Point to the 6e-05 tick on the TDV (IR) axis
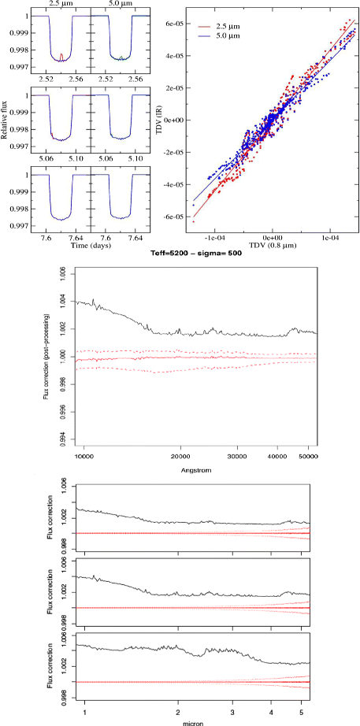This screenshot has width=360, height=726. coord(176,24)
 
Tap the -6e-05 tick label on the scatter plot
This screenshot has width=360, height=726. coord(175,217)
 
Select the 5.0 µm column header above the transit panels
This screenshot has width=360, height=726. coord(115,5)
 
